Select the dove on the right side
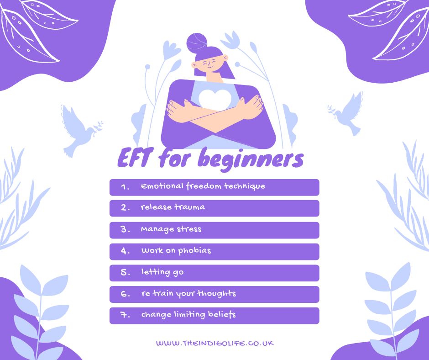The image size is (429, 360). tap(346, 114)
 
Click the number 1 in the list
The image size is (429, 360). tap(125, 187)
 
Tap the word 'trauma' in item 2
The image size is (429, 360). tap(189, 207)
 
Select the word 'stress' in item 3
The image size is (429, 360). tap(189, 229)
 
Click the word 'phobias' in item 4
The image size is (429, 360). tap(194, 250)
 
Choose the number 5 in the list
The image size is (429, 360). tap(125, 273)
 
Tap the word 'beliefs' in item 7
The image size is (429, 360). tap(222, 314)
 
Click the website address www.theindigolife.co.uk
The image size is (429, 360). tap(215, 343)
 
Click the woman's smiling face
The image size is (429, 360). tap(210, 65)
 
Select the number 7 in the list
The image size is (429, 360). tap(125, 315)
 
